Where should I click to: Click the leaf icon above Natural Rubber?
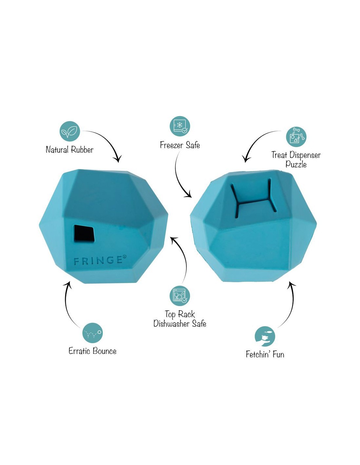click(x=70, y=131)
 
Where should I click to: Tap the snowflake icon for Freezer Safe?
click(x=180, y=126)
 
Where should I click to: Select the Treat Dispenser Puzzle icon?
click(x=296, y=137)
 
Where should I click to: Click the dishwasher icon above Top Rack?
click(x=180, y=296)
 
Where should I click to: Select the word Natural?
click(x=58, y=149)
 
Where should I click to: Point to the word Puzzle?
click(x=296, y=164)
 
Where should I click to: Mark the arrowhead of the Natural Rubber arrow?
click(x=118, y=159)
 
